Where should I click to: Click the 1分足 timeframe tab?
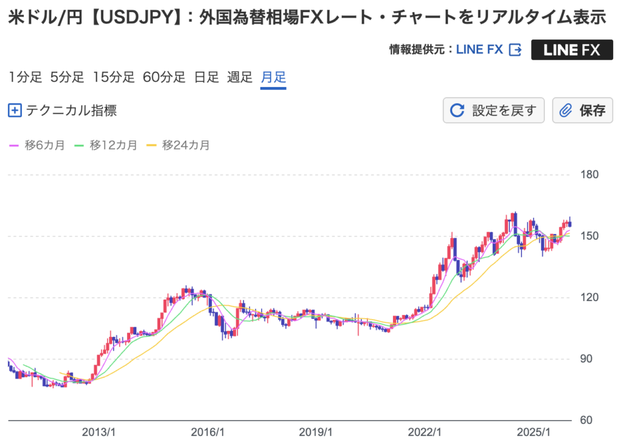(x=25, y=77)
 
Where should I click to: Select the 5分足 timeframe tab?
(x=67, y=77)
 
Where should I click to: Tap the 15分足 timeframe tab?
(x=113, y=77)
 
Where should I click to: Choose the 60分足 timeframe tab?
(x=164, y=77)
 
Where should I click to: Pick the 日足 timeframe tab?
(x=206, y=77)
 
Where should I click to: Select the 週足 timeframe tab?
(x=240, y=77)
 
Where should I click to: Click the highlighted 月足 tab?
(x=273, y=77)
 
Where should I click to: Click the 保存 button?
(x=582, y=111)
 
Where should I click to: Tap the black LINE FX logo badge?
(x=571, y=50)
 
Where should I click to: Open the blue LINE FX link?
(x=480, y=50)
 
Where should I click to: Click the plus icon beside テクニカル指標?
(x=15, y=111)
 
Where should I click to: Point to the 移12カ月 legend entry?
(x=106, y=145)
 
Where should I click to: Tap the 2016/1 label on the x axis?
(x=208, y=432)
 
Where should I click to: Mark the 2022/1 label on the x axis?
(x=424, y=432)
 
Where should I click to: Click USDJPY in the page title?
(x=137, y=18)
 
